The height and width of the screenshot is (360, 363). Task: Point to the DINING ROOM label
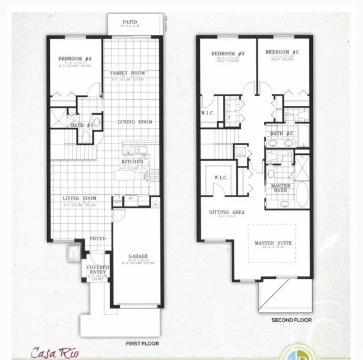(x=134, y=122)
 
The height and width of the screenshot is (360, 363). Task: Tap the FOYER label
(x=98, y=238)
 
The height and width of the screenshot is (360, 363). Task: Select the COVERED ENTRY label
(x=97, y=270)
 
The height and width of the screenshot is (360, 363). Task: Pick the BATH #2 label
(x=278, y=133)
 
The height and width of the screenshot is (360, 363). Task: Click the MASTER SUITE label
(x=270, y=243)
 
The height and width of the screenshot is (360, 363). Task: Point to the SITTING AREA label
(x=227, y=212)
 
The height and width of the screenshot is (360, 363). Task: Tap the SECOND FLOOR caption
(x=289, y=319)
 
